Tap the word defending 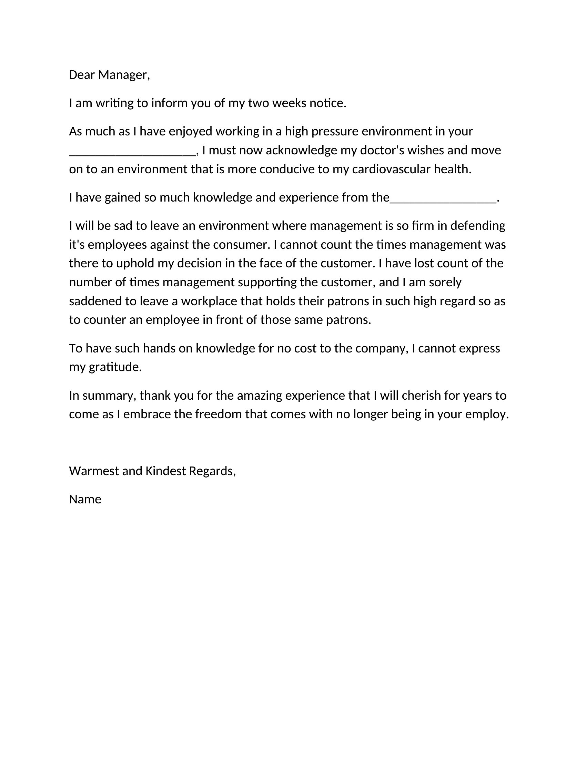click(x=478, y=226)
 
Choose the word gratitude click(x=115, y=367)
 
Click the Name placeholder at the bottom click(x=85, y=500)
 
